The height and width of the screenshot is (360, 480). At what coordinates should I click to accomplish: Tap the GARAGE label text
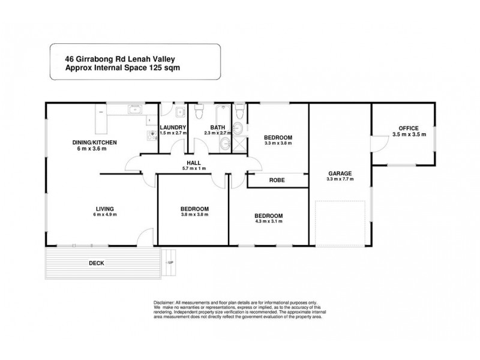click(x=340, y=173)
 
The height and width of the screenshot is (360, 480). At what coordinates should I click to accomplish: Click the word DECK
click(x=97, y=263)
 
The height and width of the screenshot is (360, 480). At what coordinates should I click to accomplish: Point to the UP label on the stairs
click(x=170, y=263)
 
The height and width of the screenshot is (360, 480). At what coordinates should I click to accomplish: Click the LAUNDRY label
click(x=173, y=127)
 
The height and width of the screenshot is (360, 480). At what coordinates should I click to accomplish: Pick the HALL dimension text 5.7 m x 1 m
click(x=193, y=169)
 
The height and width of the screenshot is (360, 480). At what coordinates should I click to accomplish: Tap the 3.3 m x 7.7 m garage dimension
click(x=340, y=179)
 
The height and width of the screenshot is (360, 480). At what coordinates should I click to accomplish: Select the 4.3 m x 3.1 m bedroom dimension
click(x=268, y=221)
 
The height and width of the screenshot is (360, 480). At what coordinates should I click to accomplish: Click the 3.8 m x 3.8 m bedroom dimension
click(x=194, y=215)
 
